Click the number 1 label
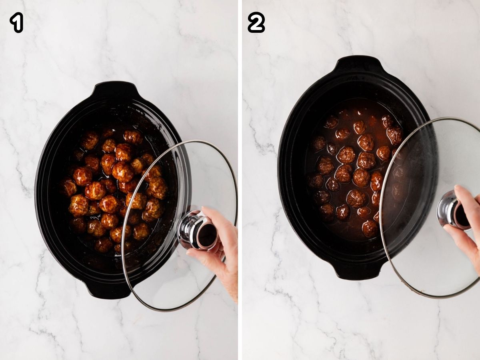coord(16,23)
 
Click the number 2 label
coord(256,23)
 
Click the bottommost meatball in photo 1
coord(103,245)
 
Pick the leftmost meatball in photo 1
coord(68,187)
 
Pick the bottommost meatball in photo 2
coord(370,228)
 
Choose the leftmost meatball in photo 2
coord(316,180)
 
